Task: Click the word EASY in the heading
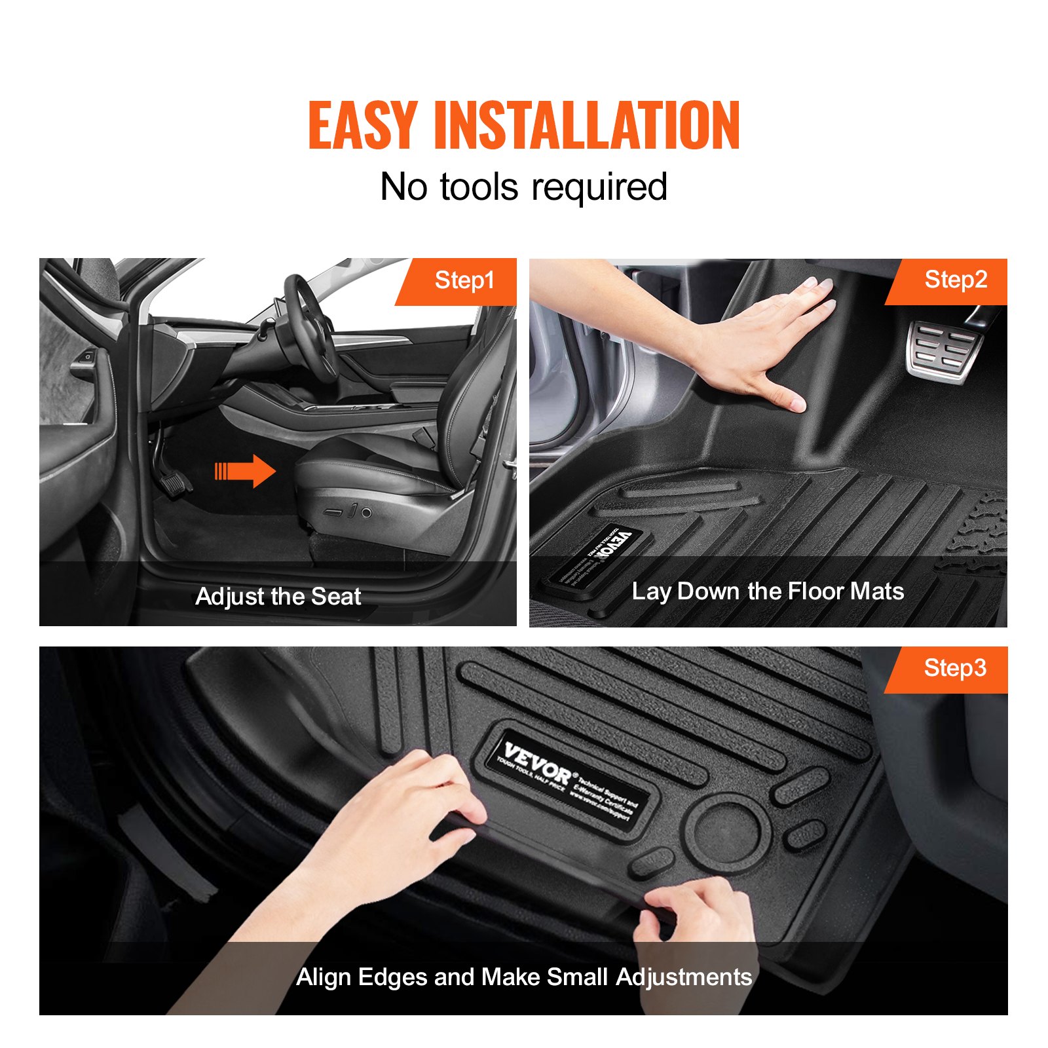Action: pyautogui.click(x=362, y=125)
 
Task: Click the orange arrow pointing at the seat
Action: pyautogui.click(x=246, y=471)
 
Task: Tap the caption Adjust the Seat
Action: pyautogui.click(x=278, y=597)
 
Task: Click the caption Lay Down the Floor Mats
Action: pyautogui.click(x=768, y=591)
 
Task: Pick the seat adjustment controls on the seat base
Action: pyautogui.click(x=350, y=512)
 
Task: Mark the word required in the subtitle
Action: pyautogui.click(x=599, y=187)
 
